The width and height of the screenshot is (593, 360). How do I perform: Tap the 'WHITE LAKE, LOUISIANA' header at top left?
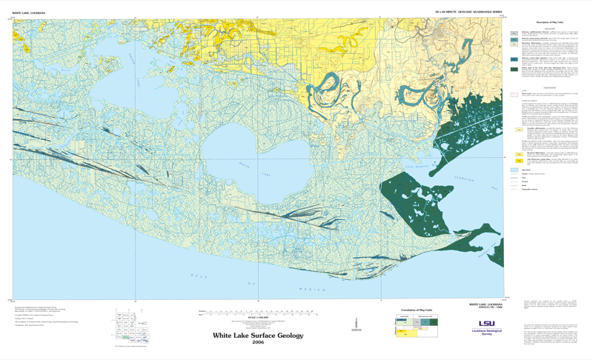27,12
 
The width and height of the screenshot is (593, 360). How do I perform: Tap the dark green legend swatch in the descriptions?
514,70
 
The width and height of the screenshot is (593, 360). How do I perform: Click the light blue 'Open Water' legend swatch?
514,170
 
